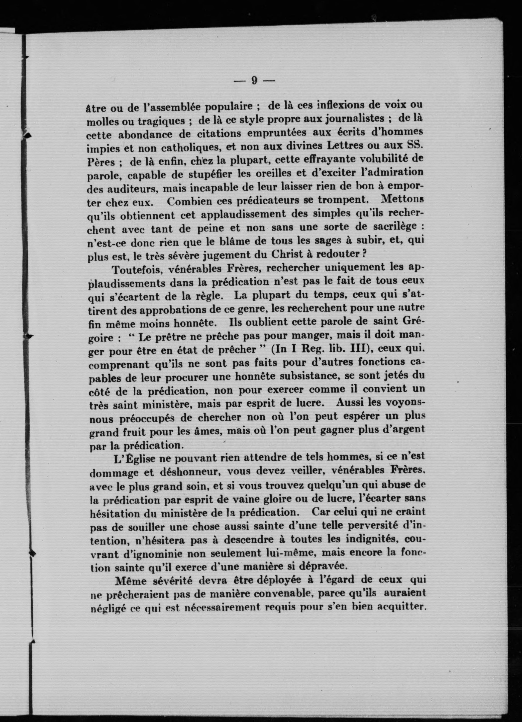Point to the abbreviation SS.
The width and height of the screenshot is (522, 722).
click(x=415, y=145)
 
